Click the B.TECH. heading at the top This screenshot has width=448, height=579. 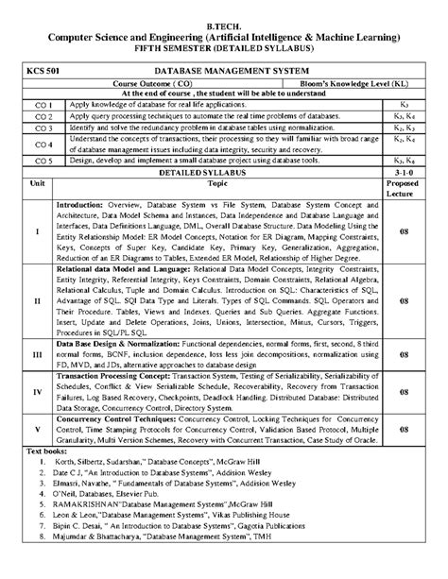click(223, 18)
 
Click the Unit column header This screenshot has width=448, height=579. click(37, 184)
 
